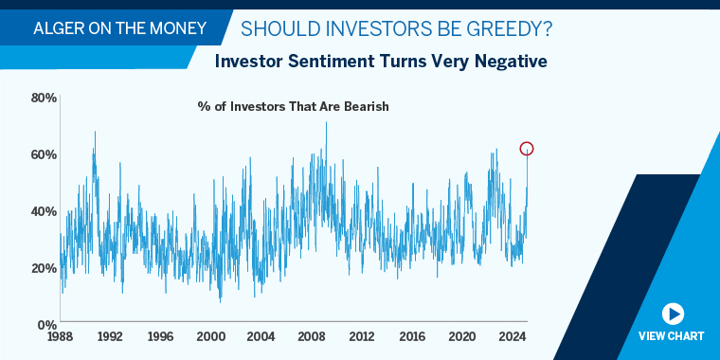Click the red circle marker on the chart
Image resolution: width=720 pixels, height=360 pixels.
pyautogui.click(x=527, y=149)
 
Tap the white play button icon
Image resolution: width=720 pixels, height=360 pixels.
pyautogui.click(x=672, y=314)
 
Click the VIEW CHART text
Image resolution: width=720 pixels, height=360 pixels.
pyautogui.click(x=672, y=336)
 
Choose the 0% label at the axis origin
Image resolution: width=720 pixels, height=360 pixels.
pyautogui.click(x=47, y=324)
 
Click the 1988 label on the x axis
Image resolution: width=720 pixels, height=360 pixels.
pyautogui.click(x=60, y=336)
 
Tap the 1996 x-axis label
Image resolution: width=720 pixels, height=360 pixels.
pyautogui.click(x=160, y=336)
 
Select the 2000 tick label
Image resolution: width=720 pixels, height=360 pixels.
pyautogui.click(x=210, y=336)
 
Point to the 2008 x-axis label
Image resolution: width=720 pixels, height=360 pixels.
pyautogui.click(x=311, y=336)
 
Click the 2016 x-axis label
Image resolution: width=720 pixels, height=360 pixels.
pyautogui.click(x=411, y=336)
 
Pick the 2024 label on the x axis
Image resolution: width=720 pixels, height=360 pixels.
pyautogui.click(x=512, y=336)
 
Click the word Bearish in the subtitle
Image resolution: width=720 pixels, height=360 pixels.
pyautogui.click(x=364, y=106)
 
